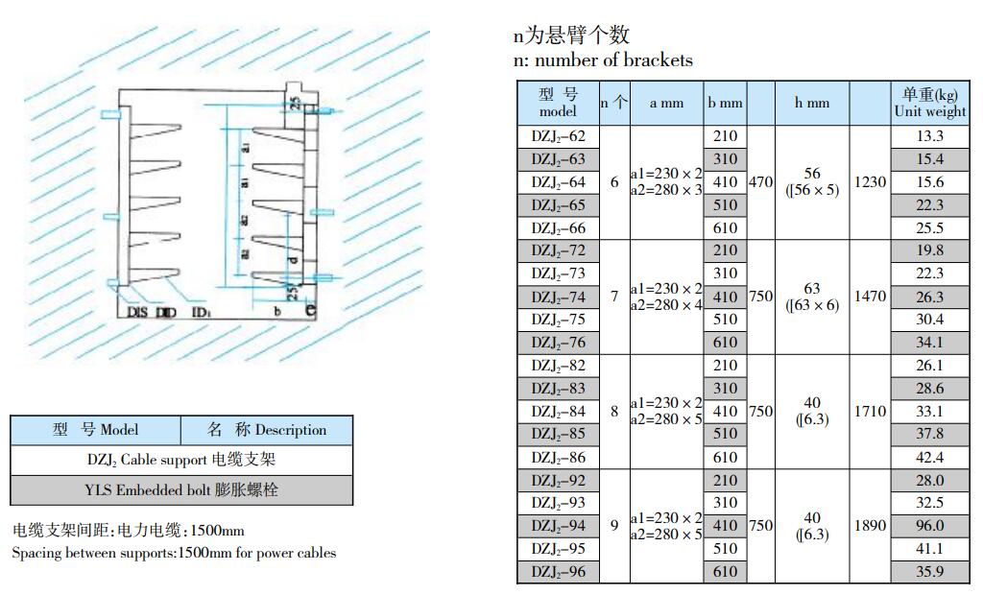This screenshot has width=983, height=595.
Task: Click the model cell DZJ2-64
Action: click(558, 182)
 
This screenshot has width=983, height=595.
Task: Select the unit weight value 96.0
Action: click(929, 526)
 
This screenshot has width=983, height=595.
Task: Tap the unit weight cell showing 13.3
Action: click(929, 136)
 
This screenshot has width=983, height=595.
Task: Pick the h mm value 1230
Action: click(870, 182)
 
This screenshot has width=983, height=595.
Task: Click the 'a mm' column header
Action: click(666, 103)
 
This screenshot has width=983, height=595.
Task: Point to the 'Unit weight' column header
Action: click(929, 103)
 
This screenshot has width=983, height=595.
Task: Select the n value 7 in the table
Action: click(614, 297)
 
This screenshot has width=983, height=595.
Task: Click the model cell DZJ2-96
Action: click(558, 572)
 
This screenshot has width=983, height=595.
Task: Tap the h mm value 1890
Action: click(870, 526)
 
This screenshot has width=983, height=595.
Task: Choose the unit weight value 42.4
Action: click(929, 458)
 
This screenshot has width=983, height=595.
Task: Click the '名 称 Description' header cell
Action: click(267, 430)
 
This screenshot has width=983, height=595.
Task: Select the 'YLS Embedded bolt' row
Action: click(181, 489)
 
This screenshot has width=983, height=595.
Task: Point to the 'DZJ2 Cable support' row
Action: click(181, 460)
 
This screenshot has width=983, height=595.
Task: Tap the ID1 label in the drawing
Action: click(201, 312)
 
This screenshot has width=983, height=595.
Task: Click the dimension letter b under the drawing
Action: click(276, 311)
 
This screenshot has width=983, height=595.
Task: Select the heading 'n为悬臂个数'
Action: click(571, 36)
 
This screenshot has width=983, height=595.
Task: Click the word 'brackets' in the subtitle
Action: click(658, 60)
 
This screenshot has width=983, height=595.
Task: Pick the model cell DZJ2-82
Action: click(558, 366)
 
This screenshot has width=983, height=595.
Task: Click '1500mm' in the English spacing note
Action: click(204, 553)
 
